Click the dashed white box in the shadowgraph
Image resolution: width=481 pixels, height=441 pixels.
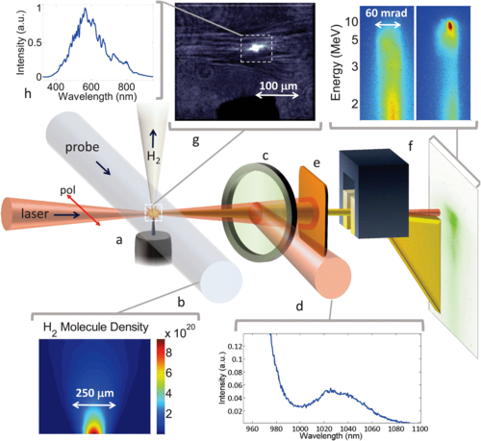pos(259,47)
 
